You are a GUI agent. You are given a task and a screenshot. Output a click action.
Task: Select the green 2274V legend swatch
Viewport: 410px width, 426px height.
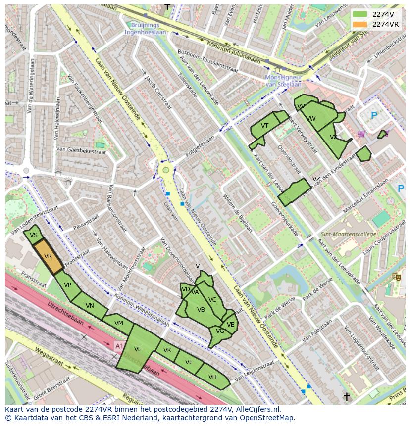tap(360, 14)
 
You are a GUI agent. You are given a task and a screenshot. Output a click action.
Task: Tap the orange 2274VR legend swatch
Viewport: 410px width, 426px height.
tap(360, 24)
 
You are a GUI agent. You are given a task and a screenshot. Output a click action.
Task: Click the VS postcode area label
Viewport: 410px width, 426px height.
tap(34, 235)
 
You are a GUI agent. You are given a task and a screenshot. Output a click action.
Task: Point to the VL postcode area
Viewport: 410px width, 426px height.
tap(138, 349)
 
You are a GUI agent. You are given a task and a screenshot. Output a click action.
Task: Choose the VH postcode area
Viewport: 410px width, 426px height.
tap(212, 377)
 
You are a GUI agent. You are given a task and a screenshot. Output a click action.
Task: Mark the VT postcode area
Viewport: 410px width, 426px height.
tap(264, 126)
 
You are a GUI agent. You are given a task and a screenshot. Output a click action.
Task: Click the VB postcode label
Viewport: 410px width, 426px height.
tap(201, 310)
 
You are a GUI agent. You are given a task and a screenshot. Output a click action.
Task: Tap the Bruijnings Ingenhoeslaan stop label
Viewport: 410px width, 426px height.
tap(146, 28)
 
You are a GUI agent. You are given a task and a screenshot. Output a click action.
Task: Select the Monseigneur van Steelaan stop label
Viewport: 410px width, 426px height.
tap(283, 81)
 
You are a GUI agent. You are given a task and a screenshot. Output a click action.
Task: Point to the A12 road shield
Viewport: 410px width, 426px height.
tap(119, 345)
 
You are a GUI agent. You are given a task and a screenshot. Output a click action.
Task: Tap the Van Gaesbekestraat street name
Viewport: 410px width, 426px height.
tap(81, 150)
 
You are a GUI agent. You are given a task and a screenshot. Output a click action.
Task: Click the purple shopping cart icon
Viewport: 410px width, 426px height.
tap(361, 134)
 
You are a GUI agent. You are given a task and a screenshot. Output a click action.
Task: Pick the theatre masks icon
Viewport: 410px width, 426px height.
tap(396, 277)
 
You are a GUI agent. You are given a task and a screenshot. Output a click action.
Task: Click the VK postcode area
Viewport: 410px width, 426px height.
tap(167, 350)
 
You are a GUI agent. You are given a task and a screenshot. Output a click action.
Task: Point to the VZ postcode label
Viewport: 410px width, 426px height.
tap(316, 179)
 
